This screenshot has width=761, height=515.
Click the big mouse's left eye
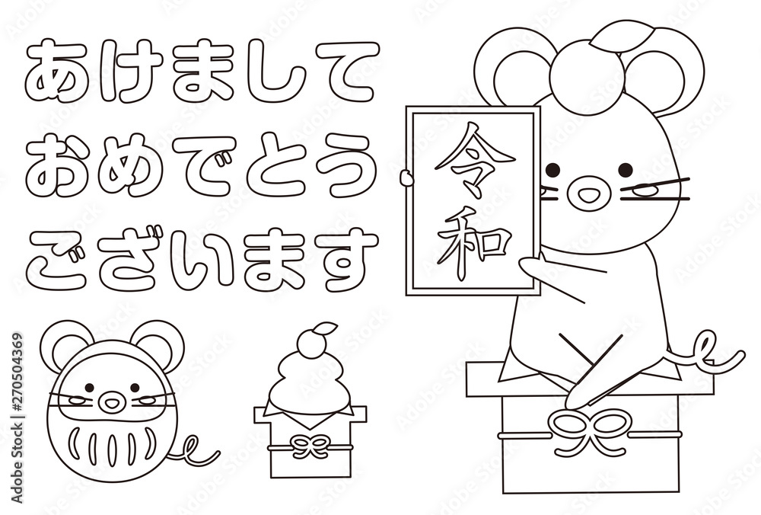click(553, 169)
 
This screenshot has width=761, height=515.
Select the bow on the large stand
click(591, 431)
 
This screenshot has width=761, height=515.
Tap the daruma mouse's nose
click(111, 402)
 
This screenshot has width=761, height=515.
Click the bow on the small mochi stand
click(310, 445)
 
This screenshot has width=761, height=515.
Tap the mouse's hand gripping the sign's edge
click(408, 180)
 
